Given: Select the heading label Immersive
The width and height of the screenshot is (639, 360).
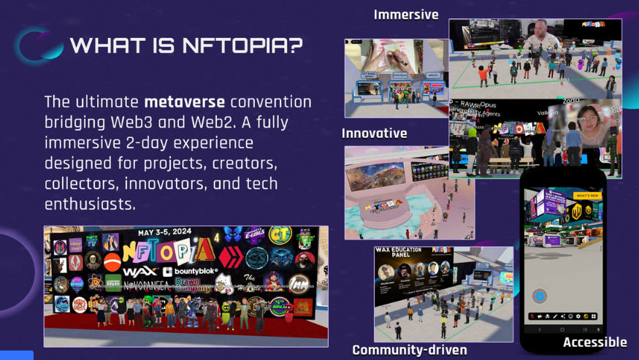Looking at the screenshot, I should coord(406,15).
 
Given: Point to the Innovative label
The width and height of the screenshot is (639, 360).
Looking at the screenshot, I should coord(374,134).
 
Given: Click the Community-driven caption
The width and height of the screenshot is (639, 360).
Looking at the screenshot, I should coord(409,350).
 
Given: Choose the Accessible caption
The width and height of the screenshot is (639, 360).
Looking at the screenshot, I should coord(594,342).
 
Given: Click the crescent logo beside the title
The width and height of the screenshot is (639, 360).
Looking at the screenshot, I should coord(41,45).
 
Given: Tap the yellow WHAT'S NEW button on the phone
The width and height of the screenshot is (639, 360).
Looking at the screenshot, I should coord(587,196).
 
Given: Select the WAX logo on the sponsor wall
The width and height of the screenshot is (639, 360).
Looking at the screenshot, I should coord(140,272).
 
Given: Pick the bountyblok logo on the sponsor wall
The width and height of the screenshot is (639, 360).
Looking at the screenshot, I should coord(191,272).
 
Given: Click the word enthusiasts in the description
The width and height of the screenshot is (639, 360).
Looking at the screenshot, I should coord(90,204).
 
